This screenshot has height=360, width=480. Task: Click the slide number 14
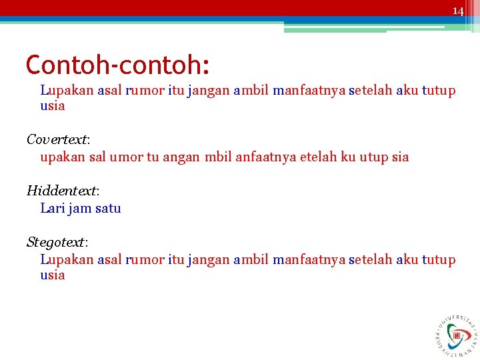[x=457, y=11]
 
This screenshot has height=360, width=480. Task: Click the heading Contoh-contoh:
[x=117, y=65]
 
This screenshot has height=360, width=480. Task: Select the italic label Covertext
[x=57, y=139]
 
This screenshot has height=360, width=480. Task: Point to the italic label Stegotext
[x=56, y=241]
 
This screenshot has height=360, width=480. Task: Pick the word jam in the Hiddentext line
[x=81, y=208]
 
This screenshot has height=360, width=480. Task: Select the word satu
[x=108, y=208]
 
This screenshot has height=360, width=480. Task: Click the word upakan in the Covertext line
[x=63, y=157]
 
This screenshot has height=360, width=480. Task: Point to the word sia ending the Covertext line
[x=400, y=157]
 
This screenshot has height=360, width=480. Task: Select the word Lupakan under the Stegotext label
[x=67, y=259]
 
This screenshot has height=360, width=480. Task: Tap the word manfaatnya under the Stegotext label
[x=309, y=259]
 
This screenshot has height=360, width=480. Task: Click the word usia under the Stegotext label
[x=53, y=275]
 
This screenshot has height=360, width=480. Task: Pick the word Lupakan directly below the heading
[x=67, y=90]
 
